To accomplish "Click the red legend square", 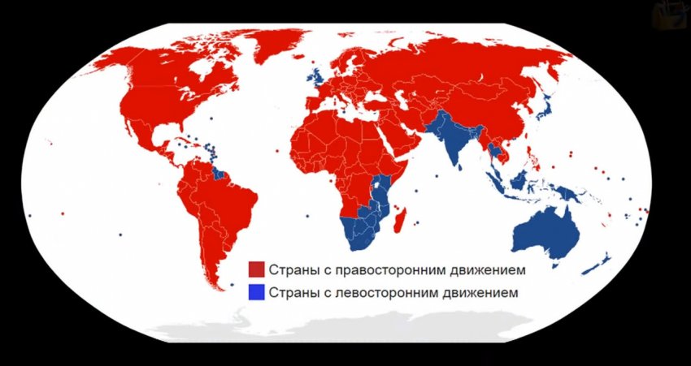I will pyautogui.click(x=256, y=269).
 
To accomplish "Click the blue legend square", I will pyautogui.click(x=256, y=291).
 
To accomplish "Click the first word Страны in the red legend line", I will pyautogui.click(x=289, y=269).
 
